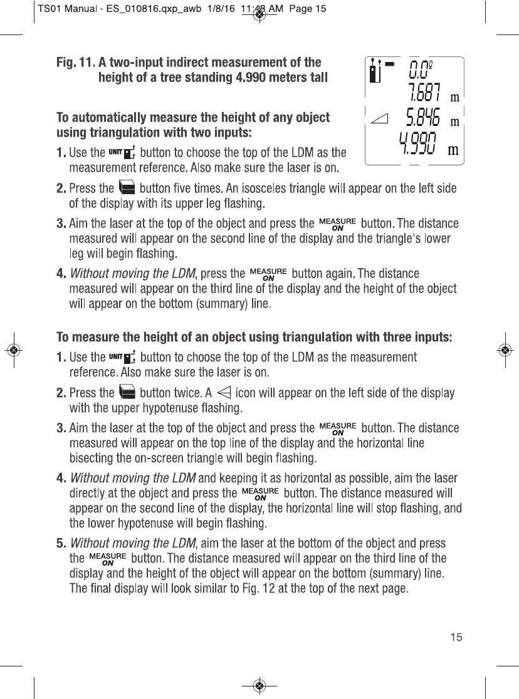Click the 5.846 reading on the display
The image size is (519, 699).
tap(423, 117)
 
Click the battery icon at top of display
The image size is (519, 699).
tap(390, 63)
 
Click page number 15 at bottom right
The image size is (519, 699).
tap(456, 638)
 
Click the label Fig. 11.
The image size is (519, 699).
tap(75, 63)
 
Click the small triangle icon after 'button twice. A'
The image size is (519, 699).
tap(224, 393)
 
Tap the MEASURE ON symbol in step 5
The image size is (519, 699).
tap(108, 557)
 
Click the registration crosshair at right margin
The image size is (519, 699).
tap(505, 349)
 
